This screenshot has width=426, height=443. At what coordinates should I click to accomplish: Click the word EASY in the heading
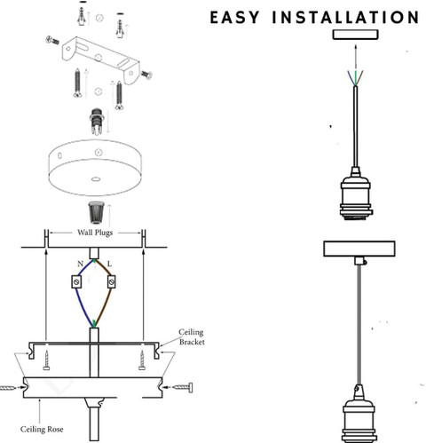(x=235, y=17)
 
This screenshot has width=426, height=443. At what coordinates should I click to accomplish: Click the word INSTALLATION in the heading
(x=345, y=17)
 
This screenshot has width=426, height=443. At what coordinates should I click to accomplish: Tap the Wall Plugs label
(x=95, y=233)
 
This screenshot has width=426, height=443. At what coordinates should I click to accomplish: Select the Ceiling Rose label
(x=42, y=429)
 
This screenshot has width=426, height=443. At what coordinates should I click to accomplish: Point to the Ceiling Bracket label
(x=192, y=336)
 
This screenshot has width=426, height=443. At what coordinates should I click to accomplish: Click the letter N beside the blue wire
(x=80, y=264)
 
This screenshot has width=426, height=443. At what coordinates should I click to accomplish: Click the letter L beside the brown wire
(x=109, y=264)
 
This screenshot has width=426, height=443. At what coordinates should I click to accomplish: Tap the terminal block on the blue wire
(x=76, y=281)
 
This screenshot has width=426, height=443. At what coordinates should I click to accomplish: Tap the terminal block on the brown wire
(x=111, y=281)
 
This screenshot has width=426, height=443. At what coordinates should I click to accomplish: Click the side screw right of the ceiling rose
(x=184, y=387)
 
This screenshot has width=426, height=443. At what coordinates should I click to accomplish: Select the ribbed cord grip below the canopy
(x=97, y=212)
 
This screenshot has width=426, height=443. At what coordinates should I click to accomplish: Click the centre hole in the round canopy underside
(x=95, y=179)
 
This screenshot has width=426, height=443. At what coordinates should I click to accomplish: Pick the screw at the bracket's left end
(x=52, y=40)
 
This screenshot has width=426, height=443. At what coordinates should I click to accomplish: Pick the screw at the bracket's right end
(x=146, y=75)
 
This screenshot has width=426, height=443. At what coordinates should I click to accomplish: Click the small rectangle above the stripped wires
(x=356, y=35)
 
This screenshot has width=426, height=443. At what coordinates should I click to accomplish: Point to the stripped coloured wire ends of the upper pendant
(x=356, y=78)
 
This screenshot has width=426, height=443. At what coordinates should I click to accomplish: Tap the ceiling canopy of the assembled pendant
(x=359, y=249)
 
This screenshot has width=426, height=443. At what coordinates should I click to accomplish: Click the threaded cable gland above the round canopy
(x=97, y=122)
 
